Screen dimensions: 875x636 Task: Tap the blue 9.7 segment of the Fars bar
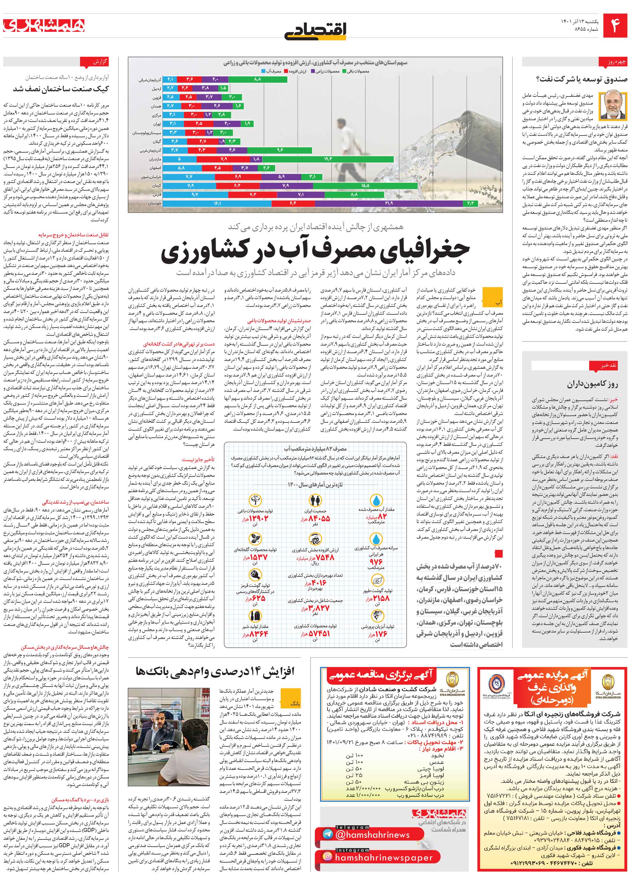click(195, 194)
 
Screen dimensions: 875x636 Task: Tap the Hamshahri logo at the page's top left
click(44, 25)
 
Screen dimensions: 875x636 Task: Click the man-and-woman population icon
click(315, 501)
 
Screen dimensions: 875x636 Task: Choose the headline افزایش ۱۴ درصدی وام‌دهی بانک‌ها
click(215, 671)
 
